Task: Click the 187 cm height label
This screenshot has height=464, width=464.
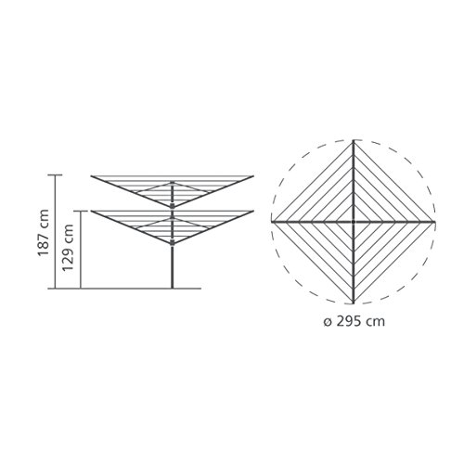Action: pos(44,233)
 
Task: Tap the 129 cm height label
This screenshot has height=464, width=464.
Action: pos(69,248)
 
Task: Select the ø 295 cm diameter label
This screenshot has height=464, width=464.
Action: pos(354,321)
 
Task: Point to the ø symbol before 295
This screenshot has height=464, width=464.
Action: pos(328,322)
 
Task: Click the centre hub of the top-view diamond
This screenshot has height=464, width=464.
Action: pos(354,222)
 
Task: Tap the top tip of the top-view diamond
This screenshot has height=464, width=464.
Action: pos(354,141)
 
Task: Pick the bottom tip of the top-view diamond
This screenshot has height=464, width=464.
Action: pos(354,303)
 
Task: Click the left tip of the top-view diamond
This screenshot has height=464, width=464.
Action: pos(272,222)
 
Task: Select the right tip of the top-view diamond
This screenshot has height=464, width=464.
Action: pos(434,222)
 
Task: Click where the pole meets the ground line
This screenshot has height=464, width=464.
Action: pos(173,289)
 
